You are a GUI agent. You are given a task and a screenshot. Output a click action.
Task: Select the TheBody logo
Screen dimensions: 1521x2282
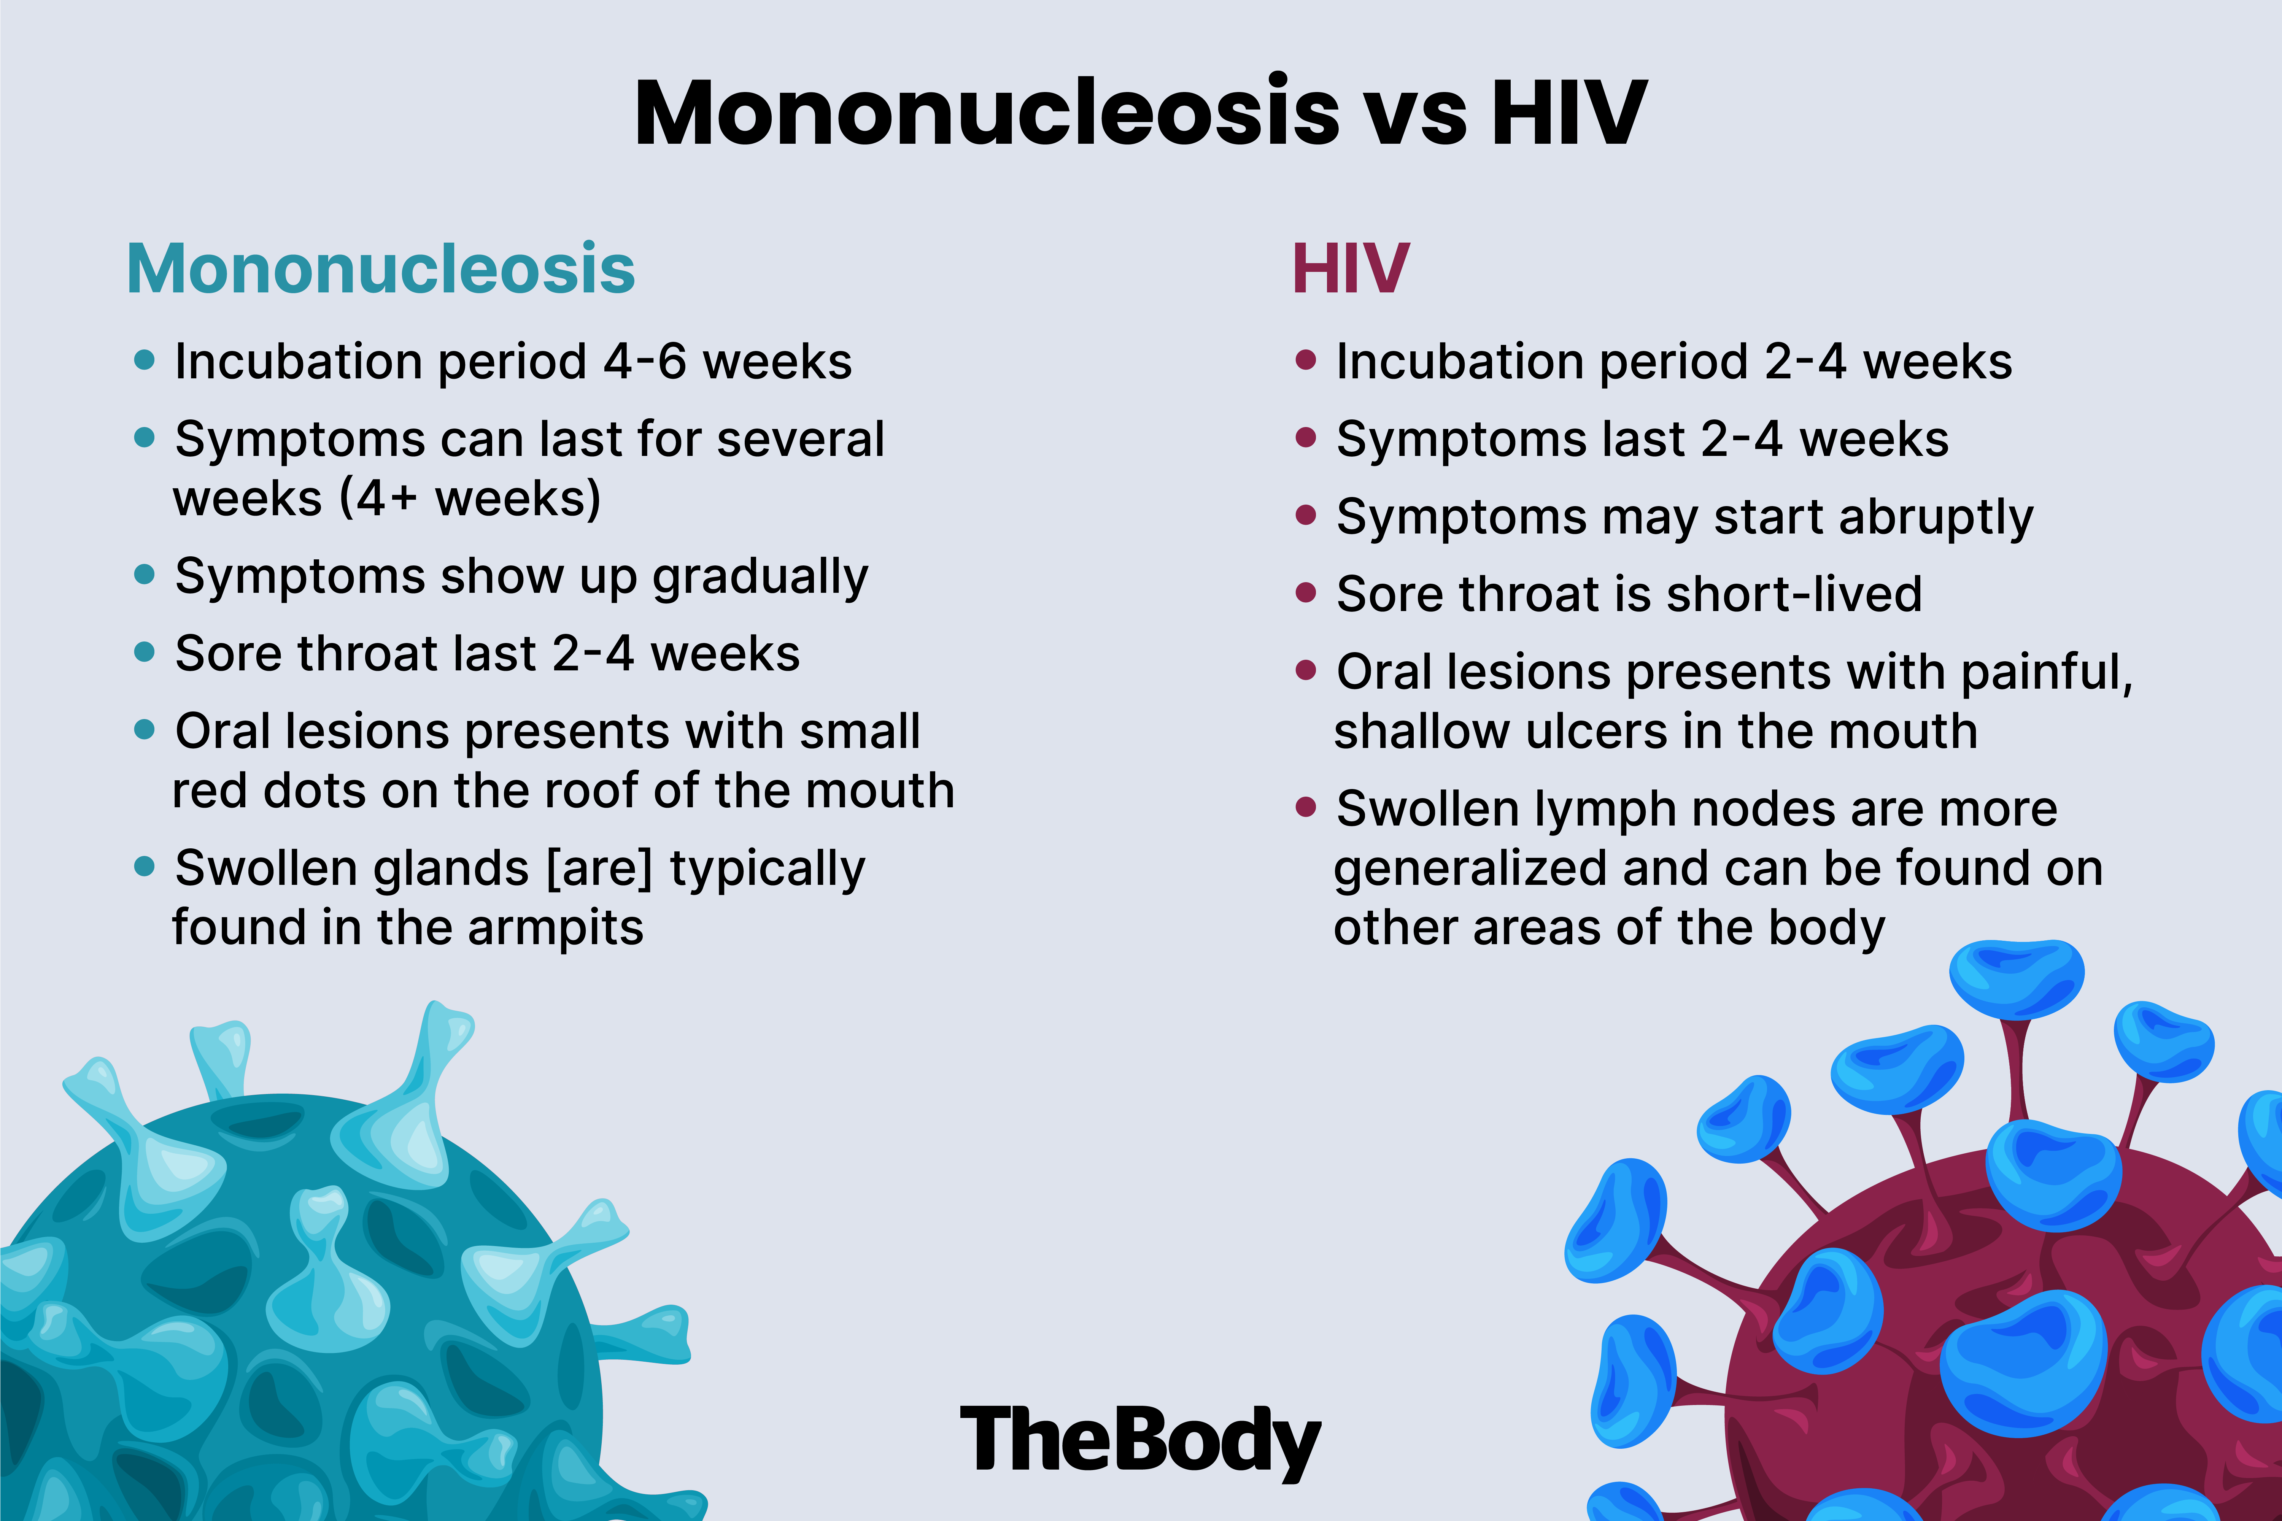(1140, 1440)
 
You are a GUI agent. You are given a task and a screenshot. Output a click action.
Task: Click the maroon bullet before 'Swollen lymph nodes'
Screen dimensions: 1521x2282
(1306, 807)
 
